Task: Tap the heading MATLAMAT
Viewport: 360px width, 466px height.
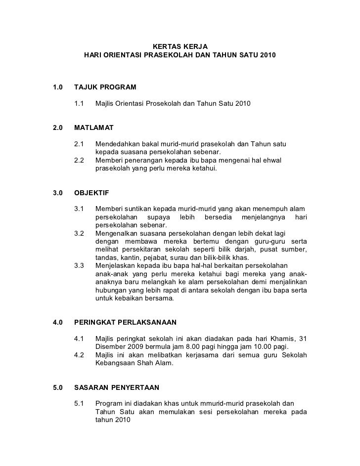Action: pyautogui.click(x=93, y=127)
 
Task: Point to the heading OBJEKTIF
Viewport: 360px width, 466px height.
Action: pyautogui.click(x=91, y=193)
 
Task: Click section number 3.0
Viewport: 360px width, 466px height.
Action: pyautogui.click(x=58, y=193)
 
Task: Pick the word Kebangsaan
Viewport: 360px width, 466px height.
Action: pyautogui.click(x=116, y=363)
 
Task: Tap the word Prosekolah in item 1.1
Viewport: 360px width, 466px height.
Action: pyautogui.click(x=162, y=104)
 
